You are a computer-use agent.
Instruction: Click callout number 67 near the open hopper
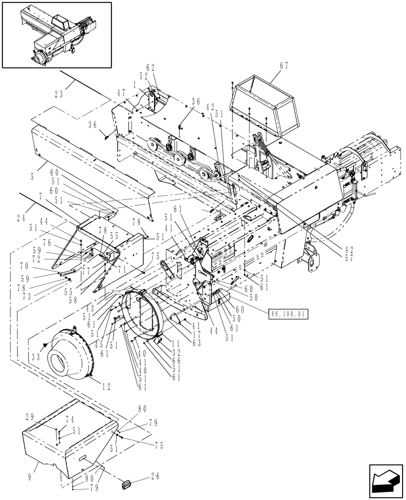tap(284, 65)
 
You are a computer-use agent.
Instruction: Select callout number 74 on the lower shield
tap(69, 420)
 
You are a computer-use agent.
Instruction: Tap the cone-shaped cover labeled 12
tap(72, 355)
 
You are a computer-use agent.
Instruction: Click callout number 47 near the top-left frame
tap(120, 93)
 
